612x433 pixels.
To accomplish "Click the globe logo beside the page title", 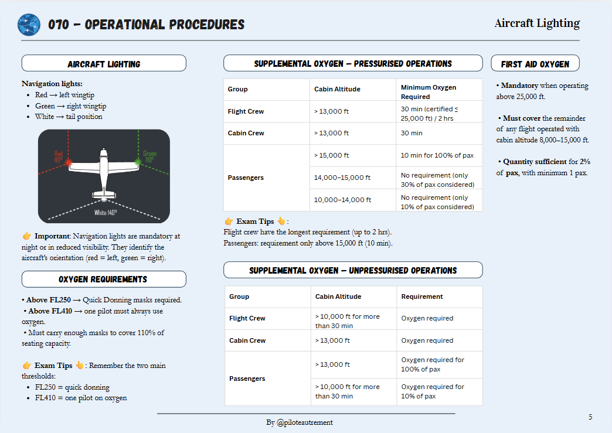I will [29, 25].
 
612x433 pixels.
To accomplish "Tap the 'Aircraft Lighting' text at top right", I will [537, 23].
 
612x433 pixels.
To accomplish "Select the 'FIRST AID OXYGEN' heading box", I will [535, 64].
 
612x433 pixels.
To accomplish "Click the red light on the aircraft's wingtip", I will [69, 161].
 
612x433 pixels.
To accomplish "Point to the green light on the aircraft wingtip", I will [138, 160].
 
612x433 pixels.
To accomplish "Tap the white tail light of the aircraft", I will [104, 199].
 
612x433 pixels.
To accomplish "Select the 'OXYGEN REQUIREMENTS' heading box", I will [103, 279].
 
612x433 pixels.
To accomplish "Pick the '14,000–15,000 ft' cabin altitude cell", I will [342, 178].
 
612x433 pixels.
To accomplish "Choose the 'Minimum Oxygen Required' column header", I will [428, 92].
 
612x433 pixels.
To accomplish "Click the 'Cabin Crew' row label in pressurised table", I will [246, 133].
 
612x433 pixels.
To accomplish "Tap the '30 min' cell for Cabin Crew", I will [412, 133].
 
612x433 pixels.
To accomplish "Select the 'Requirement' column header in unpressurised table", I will [422, 296].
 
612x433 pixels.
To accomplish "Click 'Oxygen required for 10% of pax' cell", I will [433, 391].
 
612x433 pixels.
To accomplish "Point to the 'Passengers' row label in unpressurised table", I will [247, 379].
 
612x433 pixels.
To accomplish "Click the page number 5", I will [590, 417].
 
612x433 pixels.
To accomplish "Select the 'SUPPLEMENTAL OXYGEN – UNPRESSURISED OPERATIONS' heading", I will [353, 270].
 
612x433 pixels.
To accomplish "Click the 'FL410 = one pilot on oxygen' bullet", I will [81, 398].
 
